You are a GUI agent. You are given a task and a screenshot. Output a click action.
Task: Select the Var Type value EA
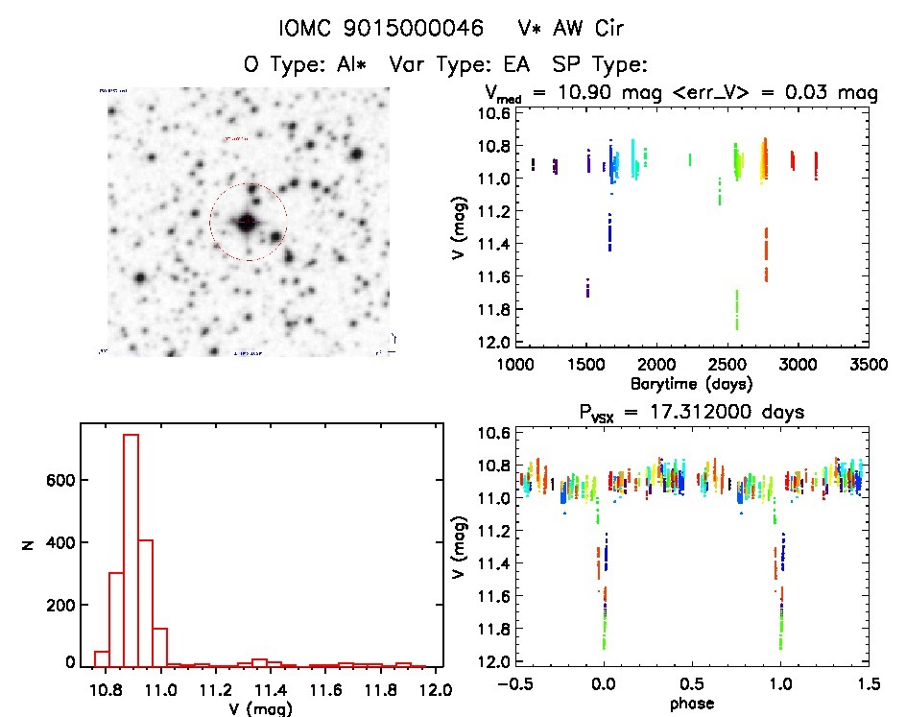click(x=526, y=65)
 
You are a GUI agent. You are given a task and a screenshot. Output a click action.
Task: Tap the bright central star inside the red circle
click(x=248, y=223)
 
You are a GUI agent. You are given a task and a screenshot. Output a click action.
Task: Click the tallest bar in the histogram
click(x=131, y=550)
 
